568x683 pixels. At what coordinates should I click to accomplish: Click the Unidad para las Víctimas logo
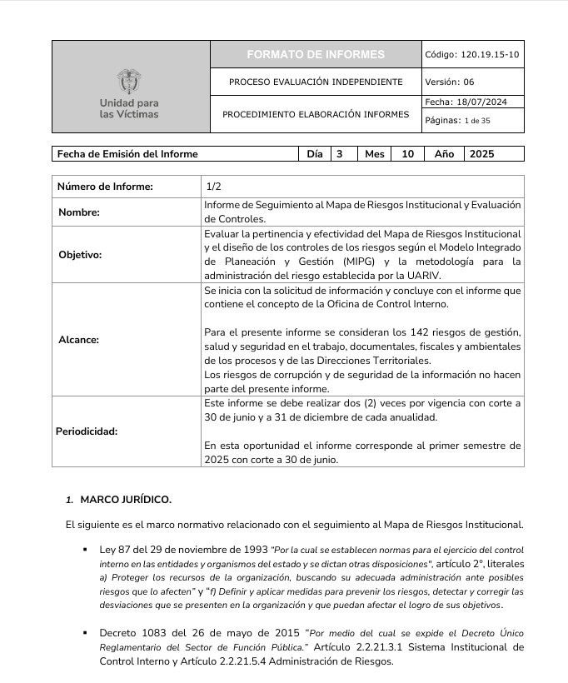pos(129,93)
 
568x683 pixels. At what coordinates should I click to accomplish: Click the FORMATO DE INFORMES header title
pos(316,54)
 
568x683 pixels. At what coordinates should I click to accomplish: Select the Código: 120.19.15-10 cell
pos(472,54)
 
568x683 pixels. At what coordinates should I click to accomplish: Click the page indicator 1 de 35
pos(477,121)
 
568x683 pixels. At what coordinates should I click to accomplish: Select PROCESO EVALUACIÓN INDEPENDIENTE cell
pos(316,82)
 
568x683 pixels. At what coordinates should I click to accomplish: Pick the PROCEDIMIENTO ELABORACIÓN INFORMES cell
pos(316,114)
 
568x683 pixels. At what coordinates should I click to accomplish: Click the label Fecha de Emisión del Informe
pos(127,154)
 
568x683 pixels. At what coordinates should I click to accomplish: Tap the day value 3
pos(339,154)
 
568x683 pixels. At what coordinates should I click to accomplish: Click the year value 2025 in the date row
pos(482,154)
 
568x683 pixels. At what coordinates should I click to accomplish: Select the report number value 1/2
pos(213,187)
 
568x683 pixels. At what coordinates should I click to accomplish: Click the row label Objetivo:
pos(80,255)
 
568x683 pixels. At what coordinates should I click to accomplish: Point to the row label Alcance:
pos(78,340)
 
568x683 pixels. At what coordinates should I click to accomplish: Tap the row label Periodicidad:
pos(87,431)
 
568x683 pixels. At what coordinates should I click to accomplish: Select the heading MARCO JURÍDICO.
pos(126,500)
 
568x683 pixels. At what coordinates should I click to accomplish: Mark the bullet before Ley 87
pos(85,551)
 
